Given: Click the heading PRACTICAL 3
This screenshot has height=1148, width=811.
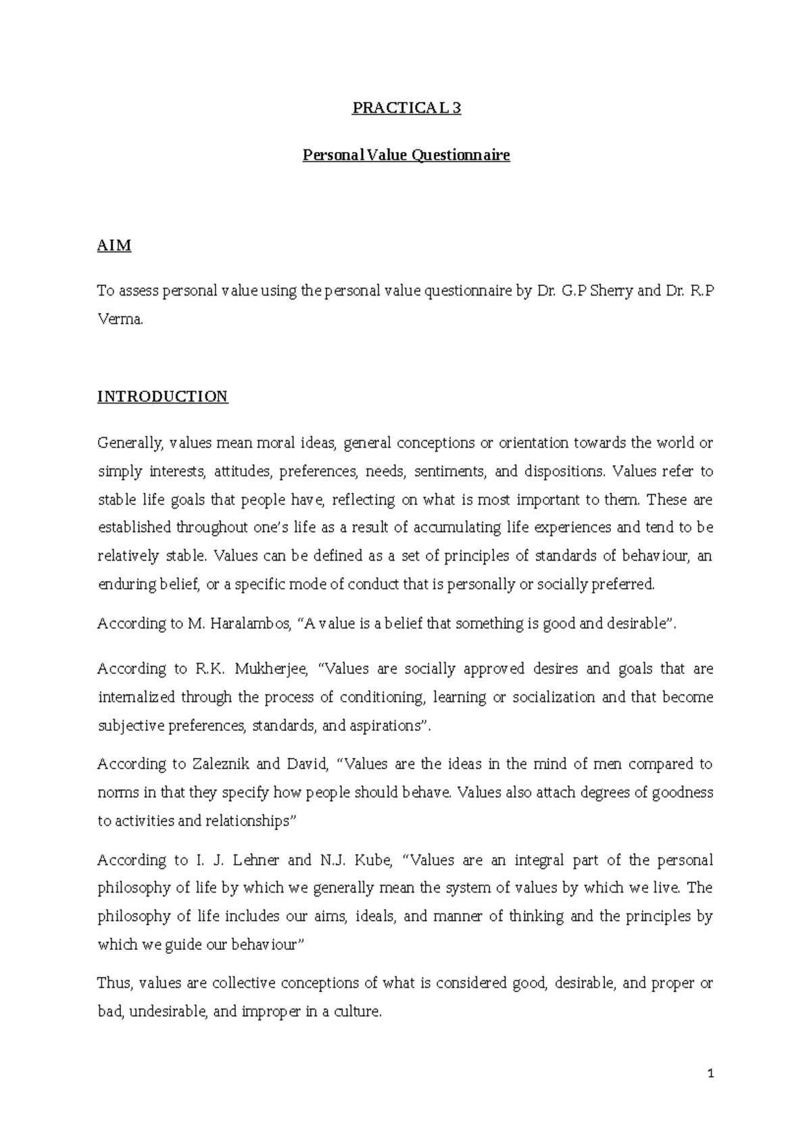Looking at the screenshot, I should pyautogui.click(x=406, y=108).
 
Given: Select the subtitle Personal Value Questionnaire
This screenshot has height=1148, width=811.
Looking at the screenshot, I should pyautogui.click(x=406, y=156).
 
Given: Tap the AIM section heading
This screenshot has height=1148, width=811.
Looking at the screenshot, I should pyautogui.click(x=114, y=245).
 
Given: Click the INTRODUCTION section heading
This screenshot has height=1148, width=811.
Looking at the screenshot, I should pyautogui.click(x=162, y=396).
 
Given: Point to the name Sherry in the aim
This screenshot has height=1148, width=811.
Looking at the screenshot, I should pyautogui.click(x=612, y=291).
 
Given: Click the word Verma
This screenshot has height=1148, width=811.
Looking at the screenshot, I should pyautogui.click(x=120, y=320).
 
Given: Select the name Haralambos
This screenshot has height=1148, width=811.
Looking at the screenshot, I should pyautogui.click(x=249, y=623).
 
